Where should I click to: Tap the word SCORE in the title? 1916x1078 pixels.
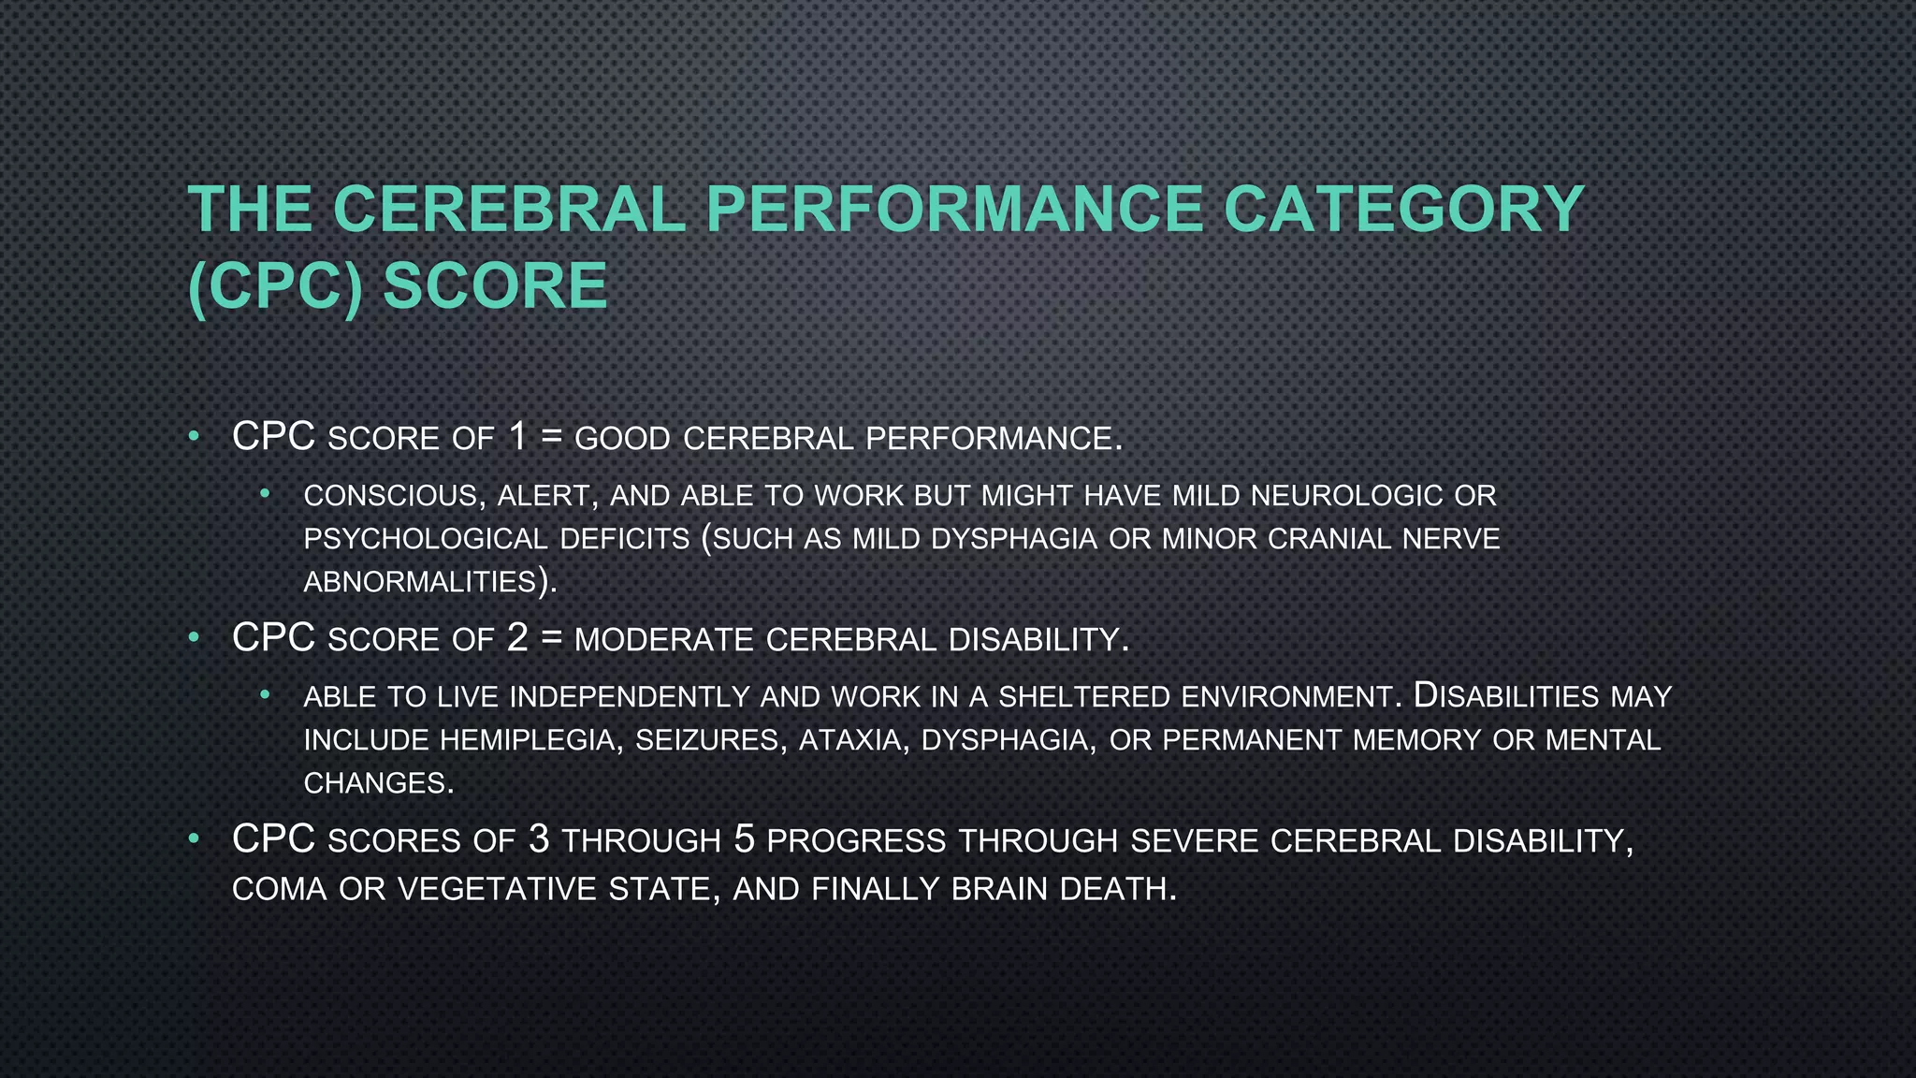pyautogui.click(x=496, y=285)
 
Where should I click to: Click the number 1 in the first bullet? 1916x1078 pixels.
pyautogui.click(x=518, y=436)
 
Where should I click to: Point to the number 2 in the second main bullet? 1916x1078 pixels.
pyautogui.click(x=517, y=637)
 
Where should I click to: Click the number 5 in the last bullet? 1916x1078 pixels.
pyautogui.click(x=744, y=838)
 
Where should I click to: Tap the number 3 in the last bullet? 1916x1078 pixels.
pyautogui.click(x=538, y=838)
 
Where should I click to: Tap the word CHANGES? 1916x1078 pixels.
pyautogui.click(x=378, y=783)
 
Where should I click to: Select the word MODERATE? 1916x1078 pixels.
pyautogui.click(x=663, y=640)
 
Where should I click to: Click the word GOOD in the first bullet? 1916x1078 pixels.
pyautogui.click(x=622, y=439)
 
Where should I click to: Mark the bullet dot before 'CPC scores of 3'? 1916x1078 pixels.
pyautogui.click(x=194, y=838)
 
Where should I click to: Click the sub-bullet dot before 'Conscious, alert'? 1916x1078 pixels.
pyautogui.click(x=265, y=492)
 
